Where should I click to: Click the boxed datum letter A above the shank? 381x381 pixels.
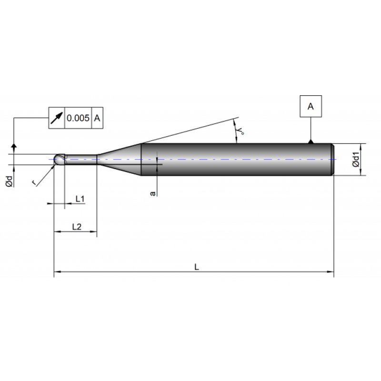click(x=311, y=107)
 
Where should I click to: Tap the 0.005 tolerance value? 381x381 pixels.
click(x=78, y=118)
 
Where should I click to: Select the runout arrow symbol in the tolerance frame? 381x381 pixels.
click(x=56, y=118)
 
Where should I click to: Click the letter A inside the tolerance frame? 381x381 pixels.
click(x=97, y=118)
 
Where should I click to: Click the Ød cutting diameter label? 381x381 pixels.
click(x=9, y=180)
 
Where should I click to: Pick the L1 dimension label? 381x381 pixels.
click(x=80, y=198)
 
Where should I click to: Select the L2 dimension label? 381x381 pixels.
click(x=77, y=227)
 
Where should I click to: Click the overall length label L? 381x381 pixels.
click(x=196, y=267)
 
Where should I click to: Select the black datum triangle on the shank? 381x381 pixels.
click(x=311, y=141)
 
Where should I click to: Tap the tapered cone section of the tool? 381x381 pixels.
click(x=119, y=159)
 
